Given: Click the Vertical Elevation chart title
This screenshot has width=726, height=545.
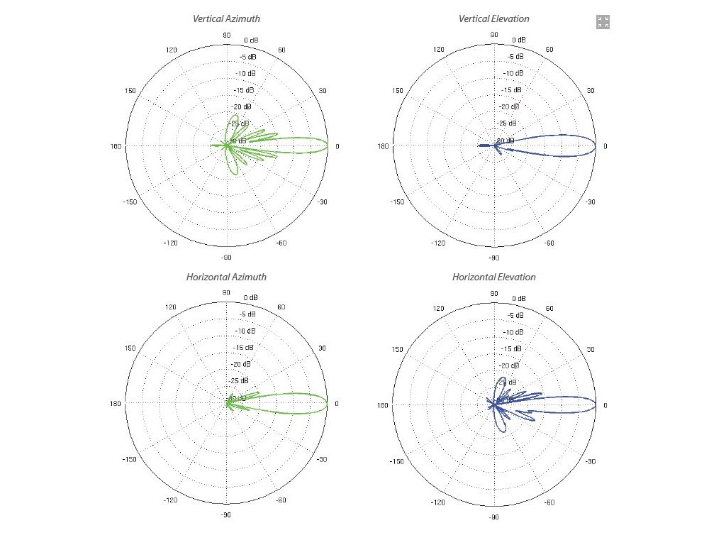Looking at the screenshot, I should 494,19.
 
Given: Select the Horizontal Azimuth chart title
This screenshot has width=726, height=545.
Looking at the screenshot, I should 226,277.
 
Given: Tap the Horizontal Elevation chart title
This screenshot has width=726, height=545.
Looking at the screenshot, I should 494,277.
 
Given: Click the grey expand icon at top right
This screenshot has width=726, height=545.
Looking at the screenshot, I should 603,22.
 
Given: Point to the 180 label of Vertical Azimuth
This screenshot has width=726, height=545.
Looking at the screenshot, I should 116,146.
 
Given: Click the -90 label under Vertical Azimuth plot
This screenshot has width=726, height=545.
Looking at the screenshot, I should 226,258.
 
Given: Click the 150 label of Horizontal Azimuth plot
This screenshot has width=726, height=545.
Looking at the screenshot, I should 130,348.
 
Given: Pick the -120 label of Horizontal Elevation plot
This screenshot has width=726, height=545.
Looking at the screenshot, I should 439,501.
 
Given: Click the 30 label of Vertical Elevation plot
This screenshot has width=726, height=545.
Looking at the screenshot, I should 591,90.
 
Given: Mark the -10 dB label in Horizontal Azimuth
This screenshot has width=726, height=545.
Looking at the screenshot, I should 245,331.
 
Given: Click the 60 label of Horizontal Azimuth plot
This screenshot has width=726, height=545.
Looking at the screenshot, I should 281,307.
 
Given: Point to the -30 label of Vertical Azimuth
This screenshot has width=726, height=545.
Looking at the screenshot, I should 323,202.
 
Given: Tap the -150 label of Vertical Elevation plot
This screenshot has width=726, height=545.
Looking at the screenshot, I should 398,202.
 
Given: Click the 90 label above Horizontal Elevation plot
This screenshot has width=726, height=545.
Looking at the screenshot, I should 494,292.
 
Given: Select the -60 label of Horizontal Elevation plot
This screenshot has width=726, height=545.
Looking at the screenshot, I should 549,501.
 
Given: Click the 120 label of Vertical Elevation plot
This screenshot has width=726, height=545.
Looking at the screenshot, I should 439,50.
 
